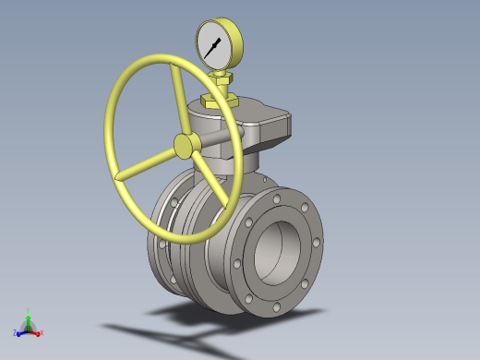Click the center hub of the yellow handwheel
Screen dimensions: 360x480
coord(185,145)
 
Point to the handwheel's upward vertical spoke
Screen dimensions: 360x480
coord(174,101)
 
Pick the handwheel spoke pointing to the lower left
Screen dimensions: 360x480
coord(148,161)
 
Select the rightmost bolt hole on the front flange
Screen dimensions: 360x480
coord(317,244)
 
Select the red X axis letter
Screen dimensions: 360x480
coord(42,332)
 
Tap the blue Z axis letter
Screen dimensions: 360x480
coord(16,333)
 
